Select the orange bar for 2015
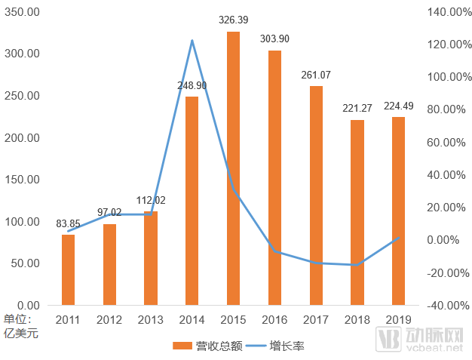[x=233, y=168]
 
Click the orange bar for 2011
[x=68, y=270]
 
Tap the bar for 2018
[x=357, y=212]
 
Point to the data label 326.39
[x=233, y=20]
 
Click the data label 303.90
[x=274, y=38]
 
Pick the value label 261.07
[x=316, y=75]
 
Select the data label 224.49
[x=399, y=106]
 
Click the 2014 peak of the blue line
[x=192, y=40]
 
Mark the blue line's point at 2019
[x=399, y=238]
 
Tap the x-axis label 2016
[x=274, y=320]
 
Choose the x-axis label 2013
[x=151, y=320]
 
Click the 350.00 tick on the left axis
[x=22, y=12]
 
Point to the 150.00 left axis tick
[x=22, y=180]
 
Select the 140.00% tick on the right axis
[x=449, y=12]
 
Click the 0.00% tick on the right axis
[x=443, y=240]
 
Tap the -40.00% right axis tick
[x=448, y=306]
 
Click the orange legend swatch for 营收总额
[x=182, y=346]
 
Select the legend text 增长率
[x=287, y=346]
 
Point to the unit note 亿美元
[x=21, y=334]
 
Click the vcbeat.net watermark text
[x=434, y=348]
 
